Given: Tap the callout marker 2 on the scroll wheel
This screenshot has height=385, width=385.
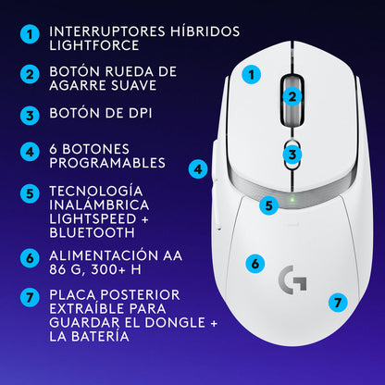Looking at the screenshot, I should pyautogui.click(x=292, y=95).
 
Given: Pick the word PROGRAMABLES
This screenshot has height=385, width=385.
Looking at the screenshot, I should pyautogui.click(x=109, y=162).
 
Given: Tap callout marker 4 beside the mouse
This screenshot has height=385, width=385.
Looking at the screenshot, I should pyautogui.click(x=198, y=169).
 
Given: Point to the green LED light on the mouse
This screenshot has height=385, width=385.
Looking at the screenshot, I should pyautogui.click(x=292, y=196).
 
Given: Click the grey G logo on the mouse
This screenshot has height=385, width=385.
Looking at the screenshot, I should pyautogui.click(x=292, y=278).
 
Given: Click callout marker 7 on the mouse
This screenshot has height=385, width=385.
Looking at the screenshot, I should pyautogui.click(x=339, y=302).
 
